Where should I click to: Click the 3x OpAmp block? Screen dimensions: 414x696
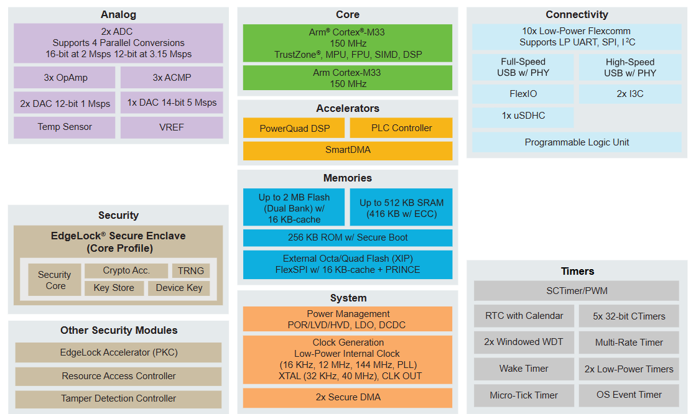click(65, 78)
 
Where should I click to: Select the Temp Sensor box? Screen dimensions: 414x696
click(65, 127)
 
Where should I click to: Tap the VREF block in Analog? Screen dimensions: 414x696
click(172, 127)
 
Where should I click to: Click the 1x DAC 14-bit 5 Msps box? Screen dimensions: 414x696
click(172, 103)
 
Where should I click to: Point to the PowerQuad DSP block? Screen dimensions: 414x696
click(294, 128)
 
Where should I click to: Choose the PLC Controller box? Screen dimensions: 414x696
click(401, 128)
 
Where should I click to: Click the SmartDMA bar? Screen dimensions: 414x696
click(348, 150)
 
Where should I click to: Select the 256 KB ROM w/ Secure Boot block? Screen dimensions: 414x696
click(348, 237)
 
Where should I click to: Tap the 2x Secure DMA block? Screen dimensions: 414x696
click(348, 397)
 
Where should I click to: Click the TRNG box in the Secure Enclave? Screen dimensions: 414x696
click(191, 270)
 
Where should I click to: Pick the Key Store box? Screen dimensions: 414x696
click(114, 288)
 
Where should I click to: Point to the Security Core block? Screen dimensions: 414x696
click(55, 280)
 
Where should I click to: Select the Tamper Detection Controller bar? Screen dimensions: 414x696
click(118, 398)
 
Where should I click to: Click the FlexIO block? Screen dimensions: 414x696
click(523, 94)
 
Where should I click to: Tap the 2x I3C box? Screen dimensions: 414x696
click(630, 94)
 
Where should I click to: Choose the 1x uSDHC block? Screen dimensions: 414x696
click(523, 116)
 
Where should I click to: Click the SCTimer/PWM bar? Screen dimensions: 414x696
click(577, 291)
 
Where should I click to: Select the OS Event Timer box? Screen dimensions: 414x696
click(629, 395)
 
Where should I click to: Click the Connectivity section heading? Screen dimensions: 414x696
click(577, 14)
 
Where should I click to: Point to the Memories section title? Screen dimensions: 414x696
click(348, 178)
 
